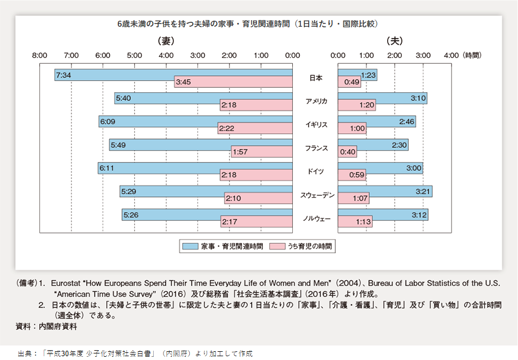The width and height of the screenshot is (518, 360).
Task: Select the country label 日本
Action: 316,78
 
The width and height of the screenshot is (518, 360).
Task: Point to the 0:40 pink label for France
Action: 347,152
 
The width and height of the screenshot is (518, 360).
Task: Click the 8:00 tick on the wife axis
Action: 39,55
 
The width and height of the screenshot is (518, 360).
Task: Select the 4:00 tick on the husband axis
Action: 451,55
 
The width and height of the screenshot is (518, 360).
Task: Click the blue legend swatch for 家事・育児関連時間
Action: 190,247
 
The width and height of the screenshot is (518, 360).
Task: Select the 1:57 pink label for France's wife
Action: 240,152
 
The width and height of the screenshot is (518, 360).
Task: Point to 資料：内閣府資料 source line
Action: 47,327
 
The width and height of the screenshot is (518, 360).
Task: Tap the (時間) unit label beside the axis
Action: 472,55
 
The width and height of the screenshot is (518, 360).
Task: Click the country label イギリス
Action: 316,125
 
